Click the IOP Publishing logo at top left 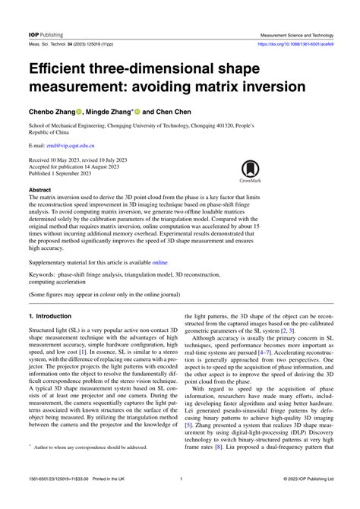(46, 34)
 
